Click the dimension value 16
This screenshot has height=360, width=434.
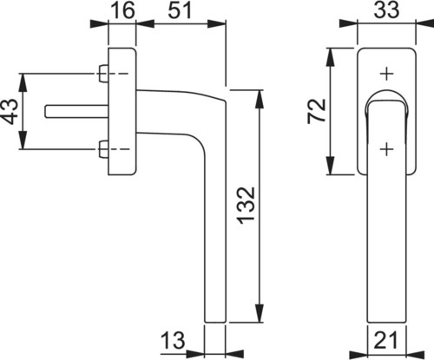pos(123,10)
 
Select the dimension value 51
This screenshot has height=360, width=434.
pos(180,10)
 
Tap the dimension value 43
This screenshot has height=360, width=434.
pos(10,111)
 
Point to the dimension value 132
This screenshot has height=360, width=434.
pos(246,206)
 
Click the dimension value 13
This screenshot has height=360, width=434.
pos(173,340)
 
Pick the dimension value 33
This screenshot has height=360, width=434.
pos(386,10)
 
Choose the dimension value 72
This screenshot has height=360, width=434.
pos(317,111)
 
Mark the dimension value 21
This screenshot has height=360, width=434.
pos(386,340)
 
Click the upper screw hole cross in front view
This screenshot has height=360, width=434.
pos(387,74)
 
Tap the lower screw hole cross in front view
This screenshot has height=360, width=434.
pos(387,149)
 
